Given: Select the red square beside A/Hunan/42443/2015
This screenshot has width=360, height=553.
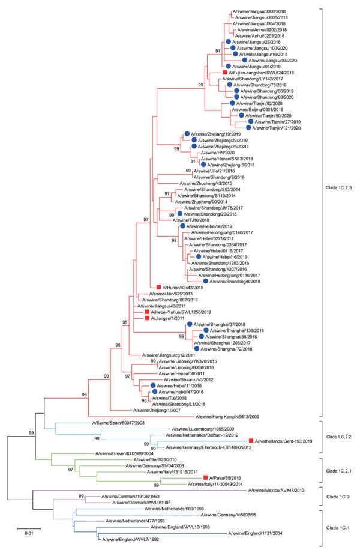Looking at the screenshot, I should (159, 288).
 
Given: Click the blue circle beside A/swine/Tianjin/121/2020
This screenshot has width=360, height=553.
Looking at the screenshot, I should (248, 127).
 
